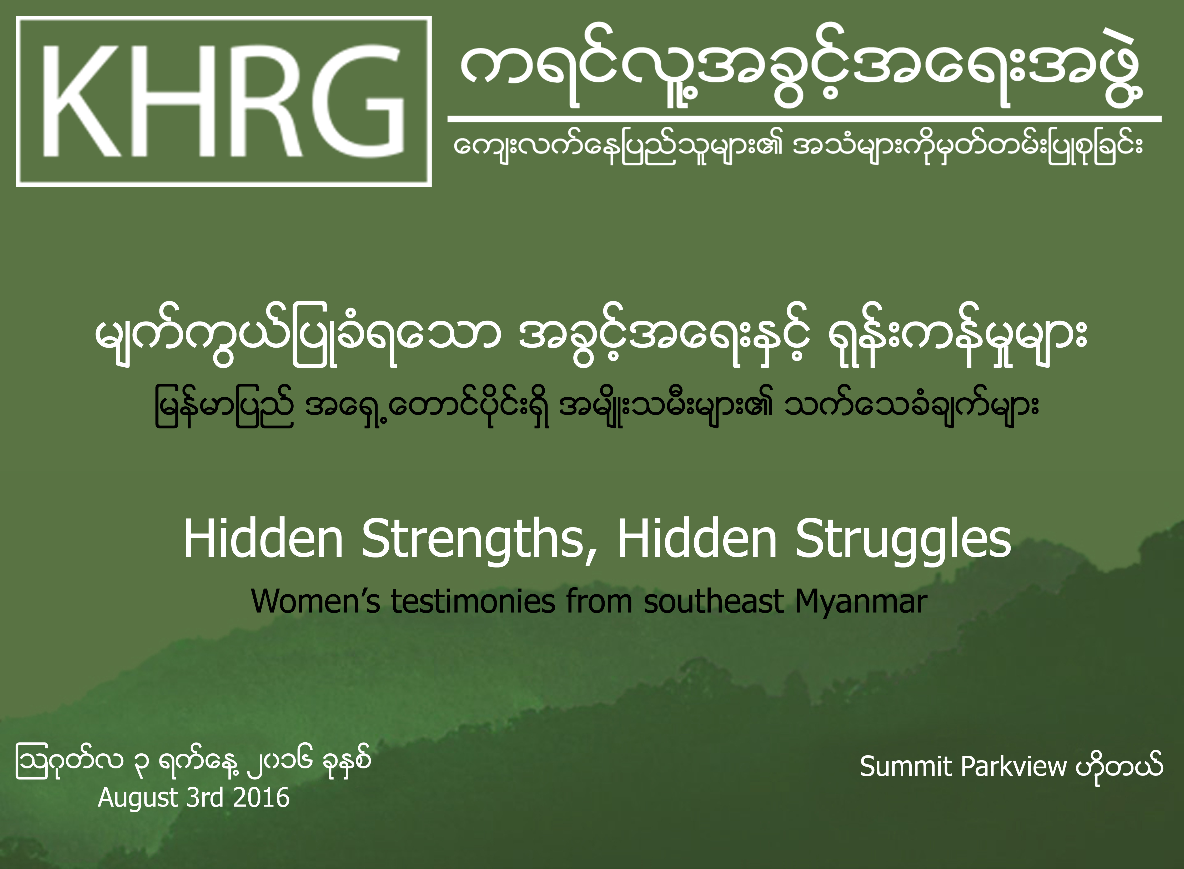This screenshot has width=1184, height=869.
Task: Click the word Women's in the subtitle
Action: [315, 601]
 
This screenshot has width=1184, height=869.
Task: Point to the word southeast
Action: [714, 601]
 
